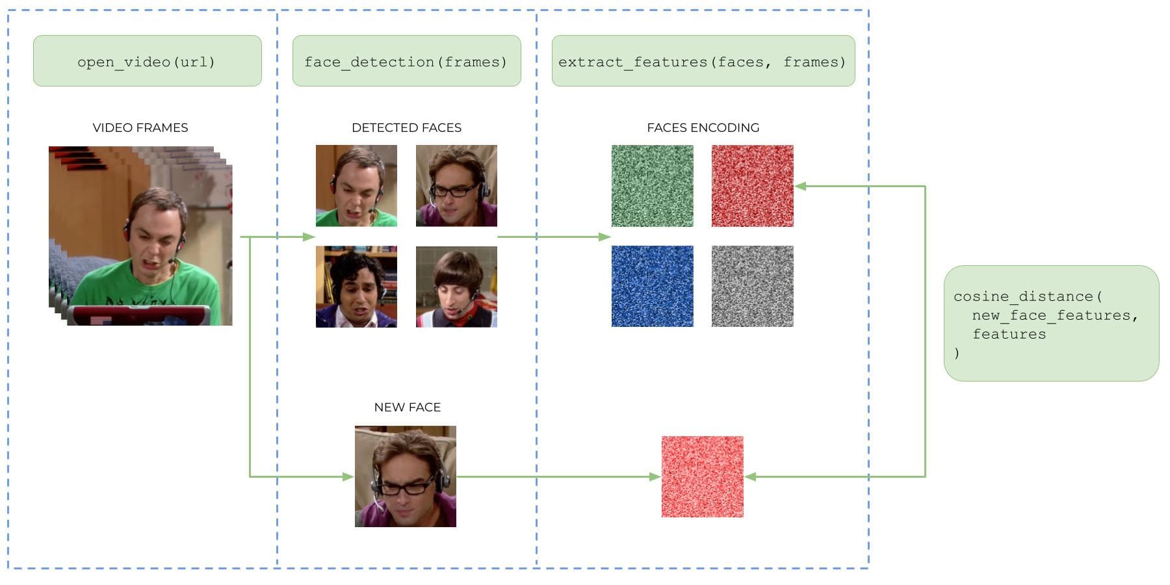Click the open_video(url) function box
point(147,61)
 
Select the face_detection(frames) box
point(406,61)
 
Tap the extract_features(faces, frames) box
point(703,61)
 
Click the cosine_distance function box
point(1051,323)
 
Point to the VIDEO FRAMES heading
point(140,128)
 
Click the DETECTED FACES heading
point(406,128)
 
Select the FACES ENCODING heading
point(703,128)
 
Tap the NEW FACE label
point(407,408)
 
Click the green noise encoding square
point(652,186)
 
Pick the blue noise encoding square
point(652,286)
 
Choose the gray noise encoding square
point(752,286)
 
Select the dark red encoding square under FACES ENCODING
point(752,186)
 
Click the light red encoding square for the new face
point(702,476)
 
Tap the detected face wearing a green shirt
point(356,186)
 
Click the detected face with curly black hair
point(356,286)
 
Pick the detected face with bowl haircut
point(456,286)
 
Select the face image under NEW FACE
point(406,476)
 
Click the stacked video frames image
point(140,235)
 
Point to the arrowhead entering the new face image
point(349,476)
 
